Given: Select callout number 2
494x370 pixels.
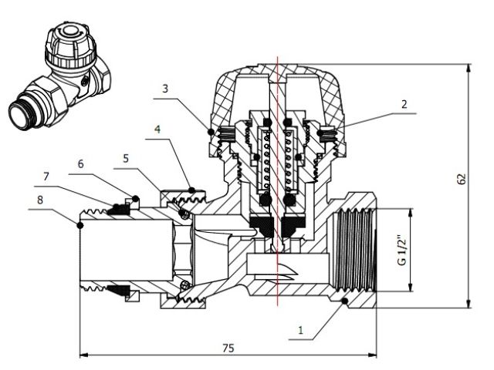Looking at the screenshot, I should pos(404,103).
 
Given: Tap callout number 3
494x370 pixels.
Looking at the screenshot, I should pos(164,89).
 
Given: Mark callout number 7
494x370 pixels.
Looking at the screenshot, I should pos(46,177).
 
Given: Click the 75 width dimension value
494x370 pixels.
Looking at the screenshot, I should pos(228,348).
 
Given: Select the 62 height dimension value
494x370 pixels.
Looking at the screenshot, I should pos(462,179).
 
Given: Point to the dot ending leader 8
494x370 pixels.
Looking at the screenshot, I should pos(80,224).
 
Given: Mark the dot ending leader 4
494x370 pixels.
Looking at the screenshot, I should pos(189,187).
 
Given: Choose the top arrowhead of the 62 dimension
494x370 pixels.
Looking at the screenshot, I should pos(469,68).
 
